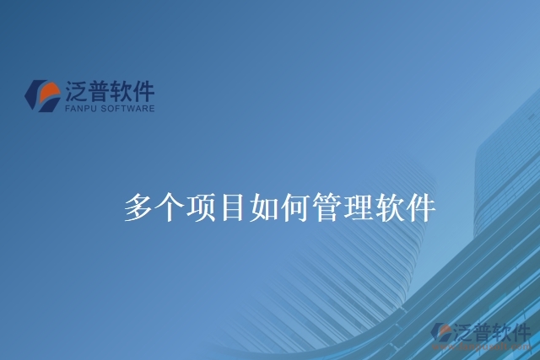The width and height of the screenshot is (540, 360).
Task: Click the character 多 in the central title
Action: pos(138,207)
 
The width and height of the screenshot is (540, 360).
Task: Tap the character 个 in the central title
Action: pos(170,207)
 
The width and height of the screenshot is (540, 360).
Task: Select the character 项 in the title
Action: pos(201,207)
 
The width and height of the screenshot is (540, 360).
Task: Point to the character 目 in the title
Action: pos(232,207)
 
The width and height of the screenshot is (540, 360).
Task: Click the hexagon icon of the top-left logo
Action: pos(41,95)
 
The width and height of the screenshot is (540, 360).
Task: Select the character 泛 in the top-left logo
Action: pos(75,92)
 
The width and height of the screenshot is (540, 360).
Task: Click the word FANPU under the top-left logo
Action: pos(81,109)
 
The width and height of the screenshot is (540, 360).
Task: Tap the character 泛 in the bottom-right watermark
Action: pos(462,330)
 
